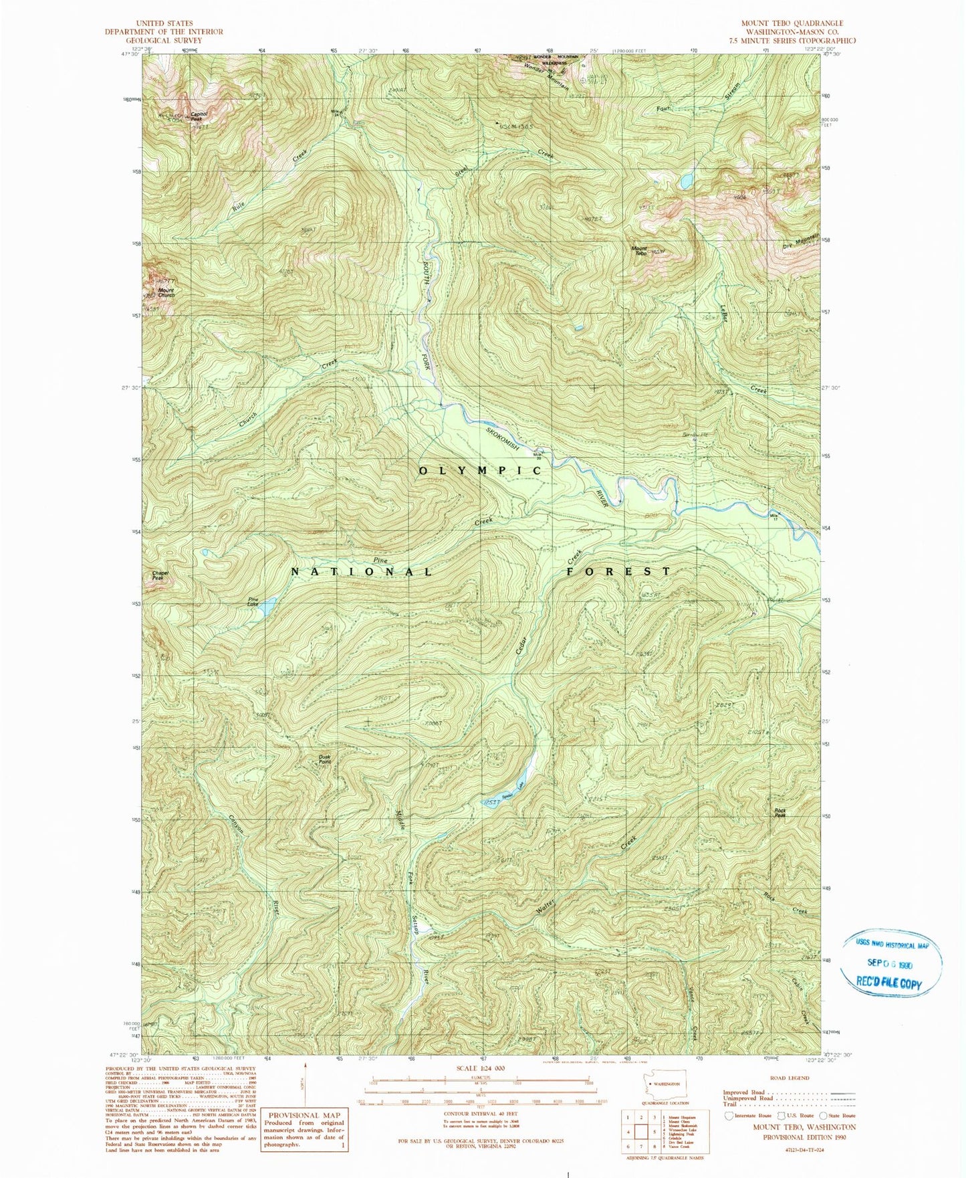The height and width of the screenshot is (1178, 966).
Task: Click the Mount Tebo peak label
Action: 639,251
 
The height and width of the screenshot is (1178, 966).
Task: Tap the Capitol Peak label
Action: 199,116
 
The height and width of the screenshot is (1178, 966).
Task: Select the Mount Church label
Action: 166,293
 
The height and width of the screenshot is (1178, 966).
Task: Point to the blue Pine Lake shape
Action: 266,607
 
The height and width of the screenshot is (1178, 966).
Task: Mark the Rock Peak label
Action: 779,813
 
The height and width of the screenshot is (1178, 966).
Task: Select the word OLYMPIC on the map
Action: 480,471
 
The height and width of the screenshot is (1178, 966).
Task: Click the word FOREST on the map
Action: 618,571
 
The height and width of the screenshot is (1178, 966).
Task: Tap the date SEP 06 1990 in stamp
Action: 889,963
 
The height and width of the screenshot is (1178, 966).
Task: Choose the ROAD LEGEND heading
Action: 790,1078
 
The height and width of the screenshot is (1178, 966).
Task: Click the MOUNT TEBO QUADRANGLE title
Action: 792,23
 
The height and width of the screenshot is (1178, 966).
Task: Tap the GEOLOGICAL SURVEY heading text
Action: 164,40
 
